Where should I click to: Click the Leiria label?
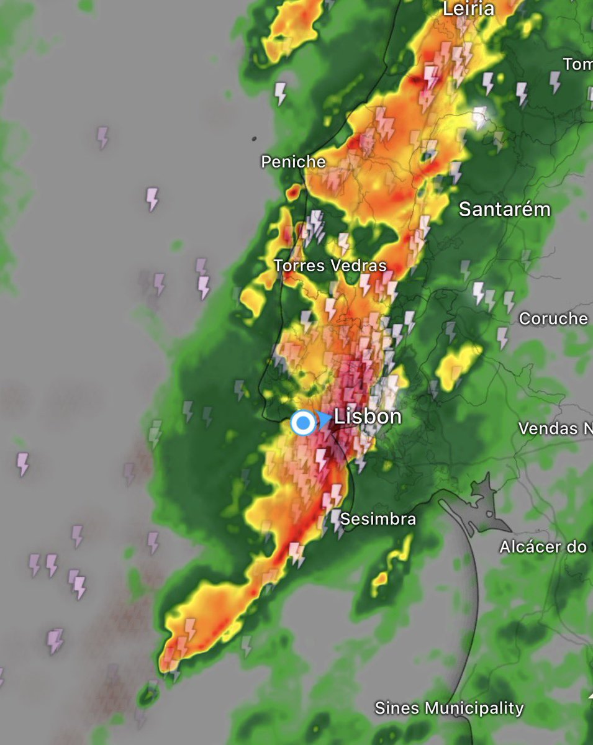coord(469,9)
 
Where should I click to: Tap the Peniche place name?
coord(293,162)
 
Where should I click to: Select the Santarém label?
coord(504,210)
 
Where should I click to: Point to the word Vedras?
coord(359,266)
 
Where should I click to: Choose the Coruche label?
coord(553,319)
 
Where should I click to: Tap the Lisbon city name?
coord(368,417)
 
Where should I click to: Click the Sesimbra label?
coord(378,519)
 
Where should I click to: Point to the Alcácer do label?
coord(544,548)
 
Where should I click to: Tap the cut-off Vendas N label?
coord(555,428)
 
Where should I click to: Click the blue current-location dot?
coord(303,423)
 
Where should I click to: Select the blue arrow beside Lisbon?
coord(324,420)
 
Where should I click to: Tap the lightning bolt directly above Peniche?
coord(281,94)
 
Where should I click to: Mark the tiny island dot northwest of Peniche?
coord(255,138)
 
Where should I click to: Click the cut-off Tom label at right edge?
coord(577,64)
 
